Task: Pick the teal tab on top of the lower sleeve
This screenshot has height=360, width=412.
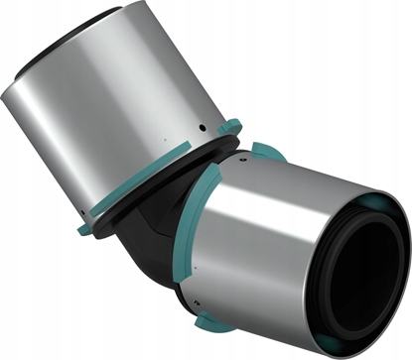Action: tap(263, 152)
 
